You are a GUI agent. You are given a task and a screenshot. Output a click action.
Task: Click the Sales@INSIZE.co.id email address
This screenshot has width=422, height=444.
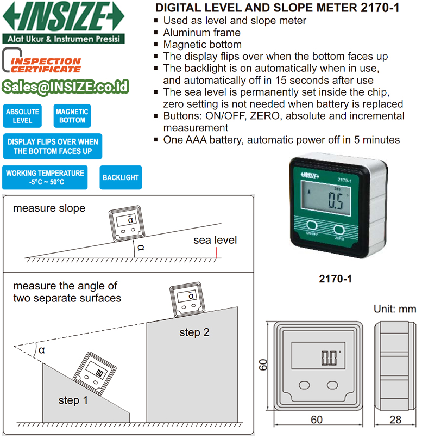[x=65, y=87]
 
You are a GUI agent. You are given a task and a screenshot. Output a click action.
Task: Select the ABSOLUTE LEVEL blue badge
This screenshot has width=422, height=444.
[x=22, y=116]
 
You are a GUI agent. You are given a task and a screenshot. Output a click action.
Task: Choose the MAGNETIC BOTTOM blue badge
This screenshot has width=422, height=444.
[x=72, y=116]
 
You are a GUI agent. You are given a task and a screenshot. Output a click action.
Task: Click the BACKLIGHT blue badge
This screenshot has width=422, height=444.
[x=121, y=177]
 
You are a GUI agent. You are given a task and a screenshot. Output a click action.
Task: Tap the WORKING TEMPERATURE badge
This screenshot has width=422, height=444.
[x=45, y=177]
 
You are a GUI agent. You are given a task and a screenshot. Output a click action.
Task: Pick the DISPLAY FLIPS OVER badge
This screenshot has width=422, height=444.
[x=53, y=146]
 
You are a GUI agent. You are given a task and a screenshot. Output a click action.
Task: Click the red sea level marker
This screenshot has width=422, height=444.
[x=216, y=252]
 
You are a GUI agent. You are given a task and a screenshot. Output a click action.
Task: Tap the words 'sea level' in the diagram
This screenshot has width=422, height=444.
[x=215, y=240]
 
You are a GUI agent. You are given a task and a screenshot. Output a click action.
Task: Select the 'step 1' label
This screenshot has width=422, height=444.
[x=73, y=400]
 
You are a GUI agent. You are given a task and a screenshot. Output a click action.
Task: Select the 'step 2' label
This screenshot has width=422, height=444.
[x=194, y=332]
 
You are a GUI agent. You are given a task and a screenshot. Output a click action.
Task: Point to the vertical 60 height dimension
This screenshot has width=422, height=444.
[x=263, y=364]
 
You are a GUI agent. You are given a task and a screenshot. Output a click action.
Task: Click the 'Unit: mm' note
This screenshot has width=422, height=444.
[x=394, y=309]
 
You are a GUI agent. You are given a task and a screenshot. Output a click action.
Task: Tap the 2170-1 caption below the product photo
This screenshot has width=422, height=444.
[x=335, y=279]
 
